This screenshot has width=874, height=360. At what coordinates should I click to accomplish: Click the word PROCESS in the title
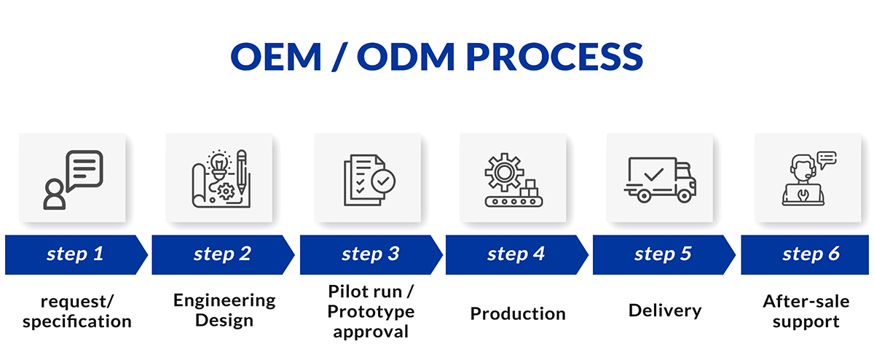(554, 57)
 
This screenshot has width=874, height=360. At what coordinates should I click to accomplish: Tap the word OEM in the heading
(276, 57)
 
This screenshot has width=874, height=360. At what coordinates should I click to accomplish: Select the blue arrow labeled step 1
(76, 254)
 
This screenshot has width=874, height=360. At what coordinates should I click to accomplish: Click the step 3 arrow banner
(371, 254)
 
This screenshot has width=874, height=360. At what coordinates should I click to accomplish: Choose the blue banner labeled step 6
(805, 254)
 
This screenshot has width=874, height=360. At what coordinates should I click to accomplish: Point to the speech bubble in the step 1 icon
(84, 171)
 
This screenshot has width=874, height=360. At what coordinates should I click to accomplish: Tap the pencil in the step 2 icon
(242, 172)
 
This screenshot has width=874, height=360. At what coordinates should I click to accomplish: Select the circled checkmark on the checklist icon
(383, 181)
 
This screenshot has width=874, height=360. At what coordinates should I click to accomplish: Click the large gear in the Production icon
(504, 172)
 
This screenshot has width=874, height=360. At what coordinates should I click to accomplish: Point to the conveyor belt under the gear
(514, 201)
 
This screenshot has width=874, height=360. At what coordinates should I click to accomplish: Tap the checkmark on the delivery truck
(654, 174)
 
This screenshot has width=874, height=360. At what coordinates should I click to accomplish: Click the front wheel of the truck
(684, 195)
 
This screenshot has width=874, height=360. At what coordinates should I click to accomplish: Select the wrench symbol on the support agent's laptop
(803, 194)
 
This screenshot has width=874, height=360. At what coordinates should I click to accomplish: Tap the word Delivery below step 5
(665, 311)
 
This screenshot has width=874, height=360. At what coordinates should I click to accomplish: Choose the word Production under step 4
(518, 313)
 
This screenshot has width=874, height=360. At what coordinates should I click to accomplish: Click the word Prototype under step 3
(371, 312)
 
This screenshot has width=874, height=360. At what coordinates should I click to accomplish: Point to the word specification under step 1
(77, 322)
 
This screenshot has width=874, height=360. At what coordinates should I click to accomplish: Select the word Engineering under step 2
(224, 301)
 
